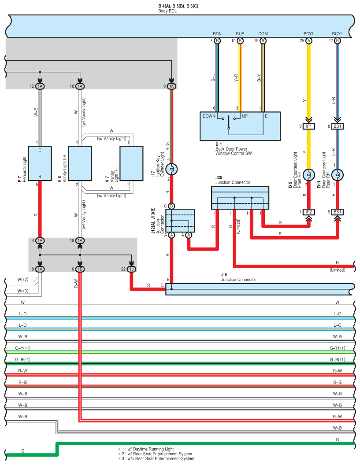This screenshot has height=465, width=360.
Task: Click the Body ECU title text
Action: [168, 11]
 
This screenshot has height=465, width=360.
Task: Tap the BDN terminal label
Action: [217, 34]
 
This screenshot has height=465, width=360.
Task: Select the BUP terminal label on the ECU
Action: [240, 34]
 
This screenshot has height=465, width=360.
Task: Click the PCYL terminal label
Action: [308, 34]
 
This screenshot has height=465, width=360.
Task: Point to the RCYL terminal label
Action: [337, 34]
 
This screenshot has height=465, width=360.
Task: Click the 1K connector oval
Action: [171, 86]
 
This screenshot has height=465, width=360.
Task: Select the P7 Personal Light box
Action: [40, 163]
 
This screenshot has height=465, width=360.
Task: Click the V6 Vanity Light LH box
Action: [80, 163]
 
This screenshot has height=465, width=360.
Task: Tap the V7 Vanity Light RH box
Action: [131, 163]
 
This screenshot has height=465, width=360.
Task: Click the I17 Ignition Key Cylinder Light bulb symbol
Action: [171, 170]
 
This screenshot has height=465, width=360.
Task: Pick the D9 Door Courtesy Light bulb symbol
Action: [308, 175]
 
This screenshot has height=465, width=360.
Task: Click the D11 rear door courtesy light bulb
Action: [337, 175]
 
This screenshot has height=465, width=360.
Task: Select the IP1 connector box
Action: [308, 126]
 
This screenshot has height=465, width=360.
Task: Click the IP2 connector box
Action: [308, 212]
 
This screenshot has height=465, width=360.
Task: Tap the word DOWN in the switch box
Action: [209, 116]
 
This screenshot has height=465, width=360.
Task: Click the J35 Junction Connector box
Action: [240, 198]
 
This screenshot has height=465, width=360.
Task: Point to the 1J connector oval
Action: [131, 269]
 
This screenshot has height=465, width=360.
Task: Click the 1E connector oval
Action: [80, 269]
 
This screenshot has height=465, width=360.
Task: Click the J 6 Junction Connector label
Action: [238, 277]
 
